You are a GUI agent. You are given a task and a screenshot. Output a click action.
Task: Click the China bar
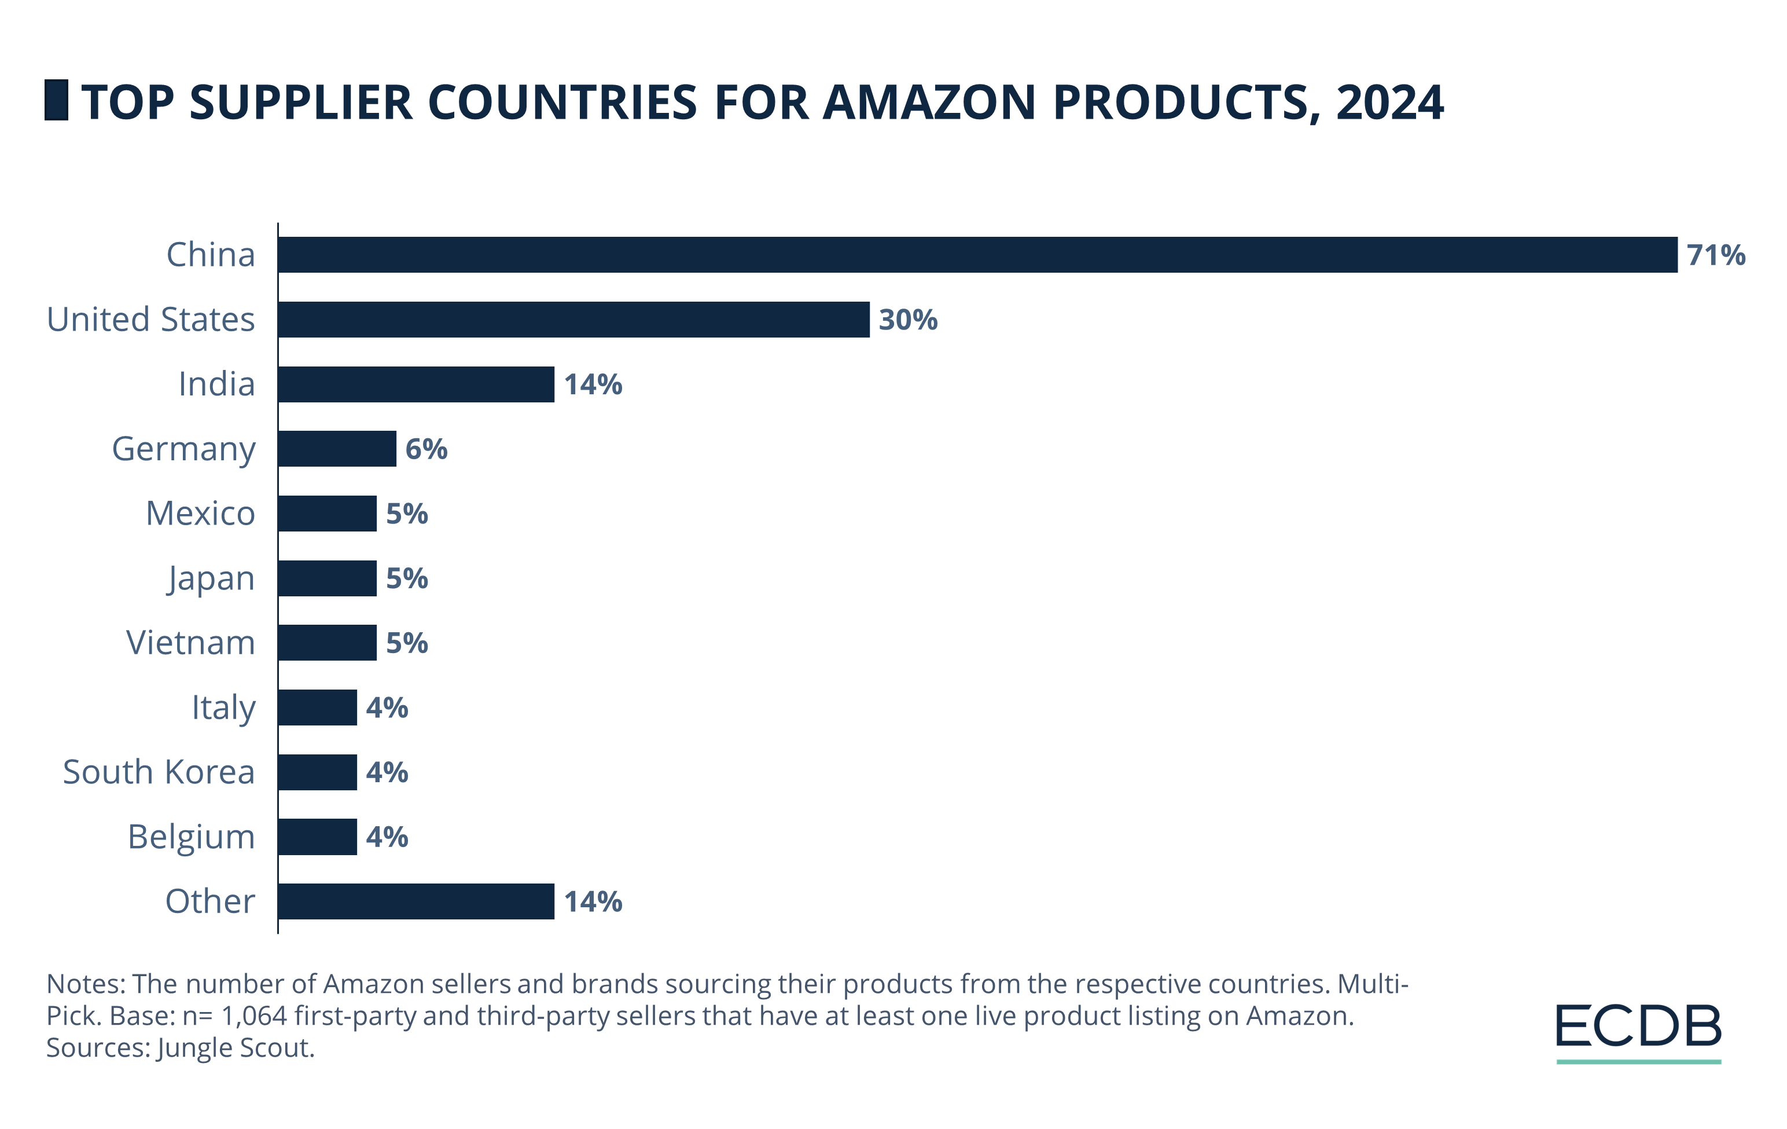977,255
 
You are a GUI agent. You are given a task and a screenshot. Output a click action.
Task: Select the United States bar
573,319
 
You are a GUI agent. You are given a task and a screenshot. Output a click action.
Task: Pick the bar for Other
416,901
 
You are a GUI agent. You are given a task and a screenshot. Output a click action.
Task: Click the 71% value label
1716,255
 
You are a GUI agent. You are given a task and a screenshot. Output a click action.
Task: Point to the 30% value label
907,320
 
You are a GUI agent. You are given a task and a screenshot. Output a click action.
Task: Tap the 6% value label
426,449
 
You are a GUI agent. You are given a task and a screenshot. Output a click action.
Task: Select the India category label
216,384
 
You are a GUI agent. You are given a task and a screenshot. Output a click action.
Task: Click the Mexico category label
200,513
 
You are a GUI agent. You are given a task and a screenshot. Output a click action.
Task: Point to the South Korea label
159,772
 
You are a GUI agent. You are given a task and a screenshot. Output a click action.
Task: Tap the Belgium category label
192,837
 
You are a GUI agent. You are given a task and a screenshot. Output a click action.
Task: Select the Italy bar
318,707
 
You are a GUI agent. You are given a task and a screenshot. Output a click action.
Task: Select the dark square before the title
56,100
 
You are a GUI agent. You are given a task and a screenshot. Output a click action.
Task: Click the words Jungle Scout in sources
236,1047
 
